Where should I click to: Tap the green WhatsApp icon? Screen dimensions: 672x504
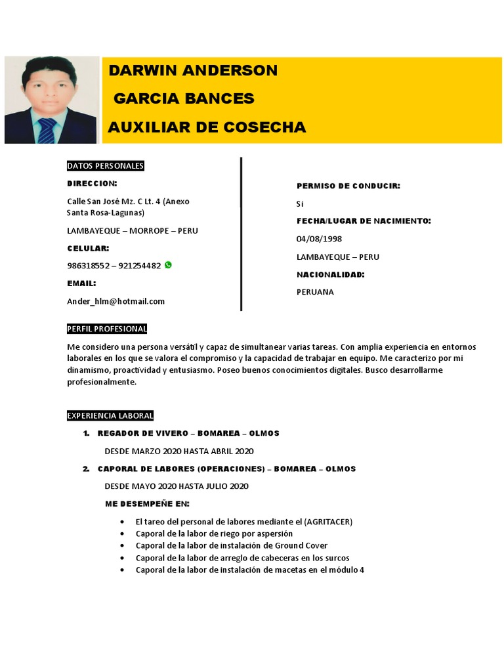168,265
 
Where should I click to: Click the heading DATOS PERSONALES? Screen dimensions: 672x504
105,166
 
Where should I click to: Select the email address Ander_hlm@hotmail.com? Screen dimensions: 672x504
115,301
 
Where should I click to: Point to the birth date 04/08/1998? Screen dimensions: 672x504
319,239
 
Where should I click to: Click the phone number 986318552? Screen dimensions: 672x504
88,266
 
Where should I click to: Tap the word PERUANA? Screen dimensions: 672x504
315,292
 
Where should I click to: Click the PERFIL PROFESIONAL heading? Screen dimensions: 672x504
107,329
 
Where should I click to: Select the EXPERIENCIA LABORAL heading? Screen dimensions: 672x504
110,415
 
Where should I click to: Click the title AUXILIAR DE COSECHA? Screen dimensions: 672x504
207,127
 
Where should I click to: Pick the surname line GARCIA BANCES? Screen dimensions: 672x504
184,99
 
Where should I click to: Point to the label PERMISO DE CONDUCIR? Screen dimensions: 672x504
348,186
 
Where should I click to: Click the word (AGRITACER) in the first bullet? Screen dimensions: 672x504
328,522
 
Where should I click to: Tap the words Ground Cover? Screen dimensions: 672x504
301,545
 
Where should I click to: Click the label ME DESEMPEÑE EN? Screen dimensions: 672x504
147,503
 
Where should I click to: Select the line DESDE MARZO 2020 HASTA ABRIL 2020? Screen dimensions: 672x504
178,451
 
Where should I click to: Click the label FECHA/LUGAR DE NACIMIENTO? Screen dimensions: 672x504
364,221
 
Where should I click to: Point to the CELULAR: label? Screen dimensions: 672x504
88,249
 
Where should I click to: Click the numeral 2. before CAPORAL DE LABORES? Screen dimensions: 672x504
86,469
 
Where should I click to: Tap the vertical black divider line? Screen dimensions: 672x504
241,233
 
